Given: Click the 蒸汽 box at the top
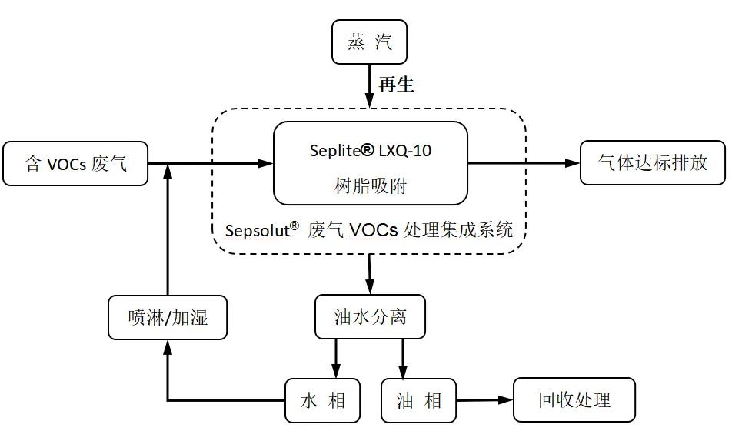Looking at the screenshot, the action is point(369,42).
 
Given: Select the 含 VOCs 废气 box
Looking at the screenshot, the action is point(75,164).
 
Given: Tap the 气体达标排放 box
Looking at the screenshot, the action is point(653,162).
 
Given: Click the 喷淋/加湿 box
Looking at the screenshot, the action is point(168,317).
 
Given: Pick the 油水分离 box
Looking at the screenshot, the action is point(370,316).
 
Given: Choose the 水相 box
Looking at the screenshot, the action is point(323,401).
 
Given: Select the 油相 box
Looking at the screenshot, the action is point(419,401).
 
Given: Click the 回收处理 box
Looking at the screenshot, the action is point(574,399).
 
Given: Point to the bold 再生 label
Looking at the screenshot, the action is point(396,85).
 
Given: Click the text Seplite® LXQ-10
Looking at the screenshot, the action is point(370,151).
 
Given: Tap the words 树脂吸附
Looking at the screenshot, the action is point(370,185).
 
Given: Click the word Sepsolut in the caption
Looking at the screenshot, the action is point(258,230).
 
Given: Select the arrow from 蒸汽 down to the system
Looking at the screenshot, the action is point(369,86).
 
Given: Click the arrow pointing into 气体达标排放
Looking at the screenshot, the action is point(524,163).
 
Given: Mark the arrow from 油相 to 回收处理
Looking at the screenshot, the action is point(484,400).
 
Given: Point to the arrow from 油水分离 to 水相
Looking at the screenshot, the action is point(336,359).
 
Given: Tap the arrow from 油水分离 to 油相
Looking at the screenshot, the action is point(403,359).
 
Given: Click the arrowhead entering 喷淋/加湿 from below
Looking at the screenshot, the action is point(168,347).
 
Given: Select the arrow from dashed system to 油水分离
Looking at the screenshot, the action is point(370,275).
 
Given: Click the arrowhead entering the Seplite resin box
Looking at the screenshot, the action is point(265,164).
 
